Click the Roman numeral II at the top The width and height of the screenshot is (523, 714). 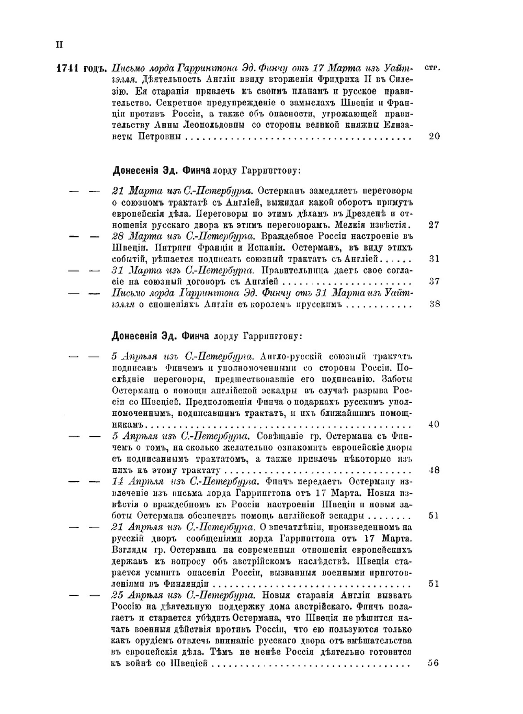(x=59, y=44)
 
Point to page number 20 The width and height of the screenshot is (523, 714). (x=434, y=137)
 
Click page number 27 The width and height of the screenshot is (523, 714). (x=434, y=225)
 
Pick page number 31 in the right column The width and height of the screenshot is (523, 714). (x=434, y=259)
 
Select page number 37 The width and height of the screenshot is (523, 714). (x=434, y=281)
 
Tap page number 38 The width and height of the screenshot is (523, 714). (x=434, y=304)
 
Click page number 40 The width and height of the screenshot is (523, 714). (x=434, y=424)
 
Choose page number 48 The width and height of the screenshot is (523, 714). (x=434, y=470)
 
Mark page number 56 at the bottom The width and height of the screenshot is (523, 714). (x=433, y=663)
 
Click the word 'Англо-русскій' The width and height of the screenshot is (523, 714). (x=290, y=356)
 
